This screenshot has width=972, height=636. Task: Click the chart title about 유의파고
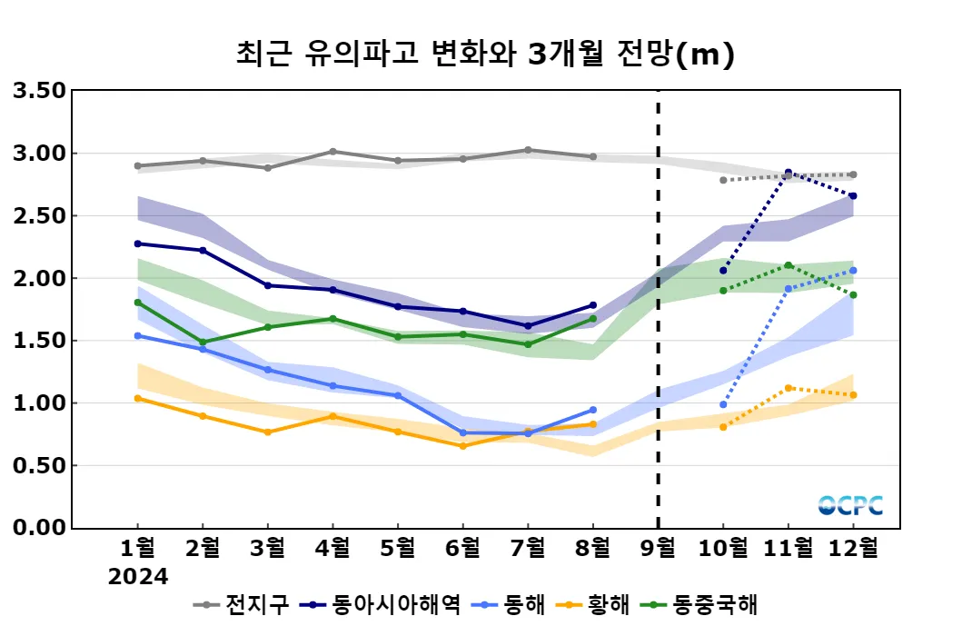(484, 55)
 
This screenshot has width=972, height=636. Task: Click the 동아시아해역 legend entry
(382, 604)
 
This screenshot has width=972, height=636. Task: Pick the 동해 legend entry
(512, 604)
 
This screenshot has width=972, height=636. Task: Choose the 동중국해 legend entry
(699, 604)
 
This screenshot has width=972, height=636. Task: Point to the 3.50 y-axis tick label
(38, 91)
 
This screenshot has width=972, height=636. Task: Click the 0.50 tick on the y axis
(38, 465)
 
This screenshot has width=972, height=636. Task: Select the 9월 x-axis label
(658, 548)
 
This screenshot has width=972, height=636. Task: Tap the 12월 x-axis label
(854, 548)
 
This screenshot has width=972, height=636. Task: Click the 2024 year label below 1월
(138, 577)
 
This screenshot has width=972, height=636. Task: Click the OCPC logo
(850, 505)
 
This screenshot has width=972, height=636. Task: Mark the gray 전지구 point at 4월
(332, 152)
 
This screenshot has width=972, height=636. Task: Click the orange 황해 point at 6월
(462, 446)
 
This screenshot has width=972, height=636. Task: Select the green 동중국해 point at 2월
(203, 343)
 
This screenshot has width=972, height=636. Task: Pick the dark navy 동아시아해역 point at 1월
(137, 243)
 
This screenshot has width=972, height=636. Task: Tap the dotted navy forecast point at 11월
(788, 173)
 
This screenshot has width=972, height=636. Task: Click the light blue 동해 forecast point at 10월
(723, 404)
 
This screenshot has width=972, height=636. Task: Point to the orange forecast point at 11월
(788, 388)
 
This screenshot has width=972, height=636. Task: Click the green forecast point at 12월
(853, 295)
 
